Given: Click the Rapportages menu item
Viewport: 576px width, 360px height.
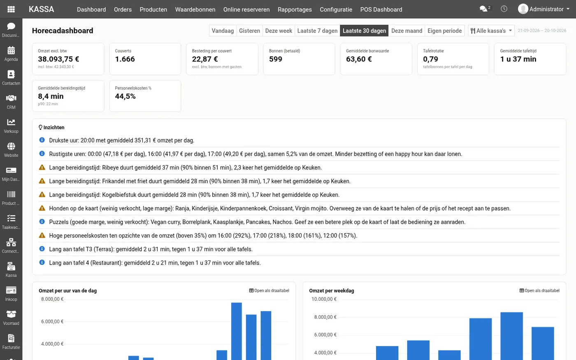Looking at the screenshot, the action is pyautogui.click(x=295, y=9).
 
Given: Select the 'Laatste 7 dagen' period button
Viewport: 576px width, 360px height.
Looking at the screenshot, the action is pyautogui.click(x=317, y=31).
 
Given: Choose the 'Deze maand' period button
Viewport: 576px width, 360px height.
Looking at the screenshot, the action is pyautogui.click(x=406, y=31).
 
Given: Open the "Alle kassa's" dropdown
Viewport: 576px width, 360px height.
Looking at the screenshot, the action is pyautogui.click(x=491, y=31).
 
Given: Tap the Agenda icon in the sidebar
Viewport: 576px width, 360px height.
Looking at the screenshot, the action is pyautogui.click(x=11, y=50).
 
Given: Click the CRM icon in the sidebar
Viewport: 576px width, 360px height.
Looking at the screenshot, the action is pyautogui.click(x=11, y=98).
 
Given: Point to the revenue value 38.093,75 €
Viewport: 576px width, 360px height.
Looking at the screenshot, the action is pyautogui.click(x=58, y=59).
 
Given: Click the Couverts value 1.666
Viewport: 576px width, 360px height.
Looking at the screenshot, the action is pyautogui.click(x=125, y=59).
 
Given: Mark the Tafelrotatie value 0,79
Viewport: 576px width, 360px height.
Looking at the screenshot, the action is pyautogui.click(x=430, y=59).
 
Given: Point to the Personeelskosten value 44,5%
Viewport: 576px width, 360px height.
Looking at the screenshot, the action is pyautogui.click(x=125, y=96).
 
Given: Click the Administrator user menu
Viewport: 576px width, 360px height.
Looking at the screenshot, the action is pyautogui.click(x=543, y=9).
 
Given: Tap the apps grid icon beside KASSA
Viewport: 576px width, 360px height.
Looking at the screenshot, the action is pyautogui.click(x=11, y=9).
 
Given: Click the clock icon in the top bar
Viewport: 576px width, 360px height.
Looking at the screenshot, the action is pyautogui.click(x=504, y=9).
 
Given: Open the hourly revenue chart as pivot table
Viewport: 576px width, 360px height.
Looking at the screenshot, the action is pyautogui.click(x=269, y=290).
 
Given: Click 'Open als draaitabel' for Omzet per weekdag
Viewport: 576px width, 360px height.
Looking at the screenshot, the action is pyautogui.click(x=539, y=290).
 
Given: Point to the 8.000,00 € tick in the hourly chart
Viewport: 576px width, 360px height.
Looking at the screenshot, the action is pyautogui.click(x=52, y=299).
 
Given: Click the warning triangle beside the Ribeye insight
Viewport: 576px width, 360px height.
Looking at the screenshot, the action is pyautogui.click(x=42, y=167).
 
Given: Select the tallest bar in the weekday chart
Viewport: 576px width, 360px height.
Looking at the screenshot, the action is pyautogui.click(x=511, y=336).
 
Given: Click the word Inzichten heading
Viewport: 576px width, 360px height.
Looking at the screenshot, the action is pyautogui.click(x=54, y=128).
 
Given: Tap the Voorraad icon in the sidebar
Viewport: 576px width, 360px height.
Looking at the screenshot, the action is pyautogui.click(x=11, y=314).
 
